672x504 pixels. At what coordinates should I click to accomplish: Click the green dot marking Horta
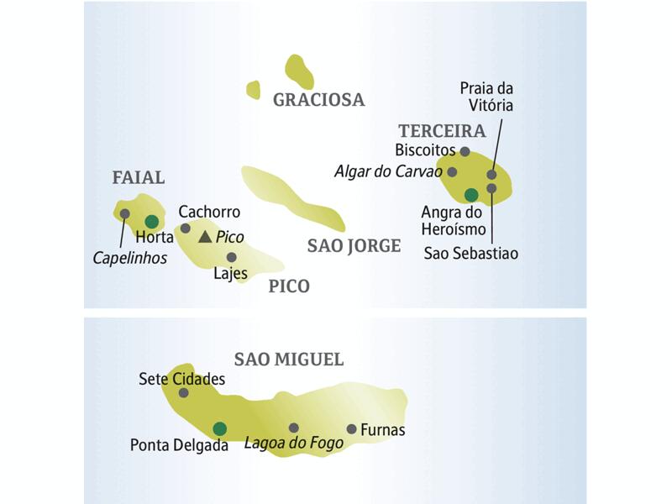(x=151, y=222)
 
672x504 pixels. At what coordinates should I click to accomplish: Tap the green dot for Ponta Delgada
(x=219, y=428)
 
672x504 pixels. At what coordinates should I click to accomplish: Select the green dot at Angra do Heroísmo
(x=470, y=195)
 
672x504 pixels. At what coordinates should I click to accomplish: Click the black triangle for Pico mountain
(x=205, y=238)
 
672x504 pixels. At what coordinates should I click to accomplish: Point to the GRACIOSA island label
(x=318, y=100)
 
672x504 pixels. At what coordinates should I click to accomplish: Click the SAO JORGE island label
(x=354, y=246)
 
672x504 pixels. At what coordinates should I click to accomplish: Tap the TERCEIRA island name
(x=442, y=131)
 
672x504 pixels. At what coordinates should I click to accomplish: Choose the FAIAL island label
(x=139, y=177)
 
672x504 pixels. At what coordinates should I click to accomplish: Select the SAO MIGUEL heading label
(x=289, y=360)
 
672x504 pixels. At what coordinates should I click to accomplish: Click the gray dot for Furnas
(x=351, y=428)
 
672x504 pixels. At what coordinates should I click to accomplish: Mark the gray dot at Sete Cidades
(x=183, y=392)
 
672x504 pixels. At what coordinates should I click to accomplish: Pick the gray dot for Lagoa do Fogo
(x=293, y=428)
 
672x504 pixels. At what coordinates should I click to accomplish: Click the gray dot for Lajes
(x=231, y=257)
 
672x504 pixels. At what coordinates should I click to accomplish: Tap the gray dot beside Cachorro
(x=185, y=228)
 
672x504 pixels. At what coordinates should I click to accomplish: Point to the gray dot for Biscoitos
(x=465, y=151)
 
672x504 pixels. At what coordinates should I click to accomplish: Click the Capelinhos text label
(x=130, y=259)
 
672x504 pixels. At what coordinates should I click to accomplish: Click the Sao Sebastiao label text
(x=471, y=252)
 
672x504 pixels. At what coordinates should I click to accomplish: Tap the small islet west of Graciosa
(x=253, y=89)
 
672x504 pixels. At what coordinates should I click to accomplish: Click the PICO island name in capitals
(x=289, y=286)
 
